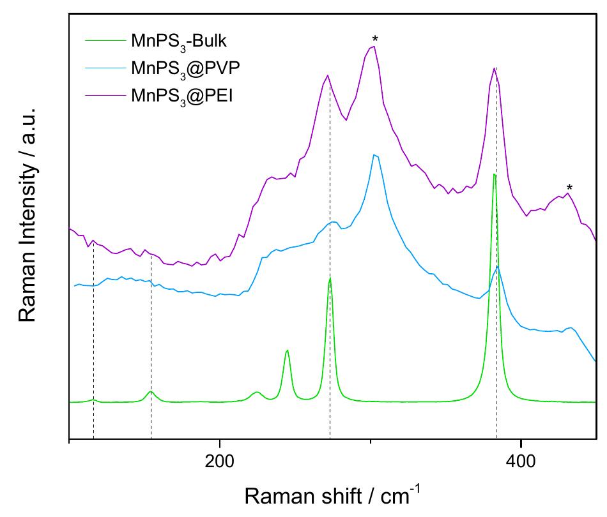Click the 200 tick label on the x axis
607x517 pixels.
pyautogui.click(x=219, y=461)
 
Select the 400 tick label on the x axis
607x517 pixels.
pyautogui.click(x=521, y=461)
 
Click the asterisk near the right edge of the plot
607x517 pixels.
pyautogui.click(x=569, y=188)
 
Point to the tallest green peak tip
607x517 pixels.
pyautogui.click(x=494, y=174)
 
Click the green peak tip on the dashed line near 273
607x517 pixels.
pyautogui.click(x=330, y=278)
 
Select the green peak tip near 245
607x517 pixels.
pyautogui.click(x=288, y=350)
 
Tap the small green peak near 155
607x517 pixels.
pyautogui.click(x=151, y=391)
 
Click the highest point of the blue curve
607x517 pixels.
pyautogui.click(x=374, y=154)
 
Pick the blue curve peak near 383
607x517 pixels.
pyautogui.click(x=498, y=266)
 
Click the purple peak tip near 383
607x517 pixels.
pyautogui.click(x=494, y=68)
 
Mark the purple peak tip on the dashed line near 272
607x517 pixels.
pyautogui.click(x=327, y=75)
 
